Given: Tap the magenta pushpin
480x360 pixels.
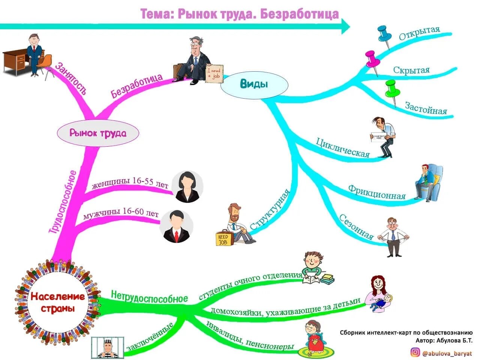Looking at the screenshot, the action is (372, 58).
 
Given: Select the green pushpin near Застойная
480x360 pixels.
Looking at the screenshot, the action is (391, 88).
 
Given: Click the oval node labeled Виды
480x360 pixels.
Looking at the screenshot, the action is (254, 84).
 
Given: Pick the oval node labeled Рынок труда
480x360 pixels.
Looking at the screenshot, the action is (98, 133).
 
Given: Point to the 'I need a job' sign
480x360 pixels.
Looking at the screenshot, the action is (215, 73).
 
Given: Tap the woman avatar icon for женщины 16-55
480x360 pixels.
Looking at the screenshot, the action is (187, 186).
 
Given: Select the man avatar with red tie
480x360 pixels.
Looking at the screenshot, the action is (176, 226).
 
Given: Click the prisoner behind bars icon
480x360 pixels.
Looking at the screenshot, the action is (108, 348).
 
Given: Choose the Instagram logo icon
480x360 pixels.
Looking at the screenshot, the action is (415, 352).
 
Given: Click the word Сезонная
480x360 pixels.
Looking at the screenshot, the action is (357, 226).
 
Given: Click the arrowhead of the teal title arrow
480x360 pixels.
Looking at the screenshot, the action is (345, 27).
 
